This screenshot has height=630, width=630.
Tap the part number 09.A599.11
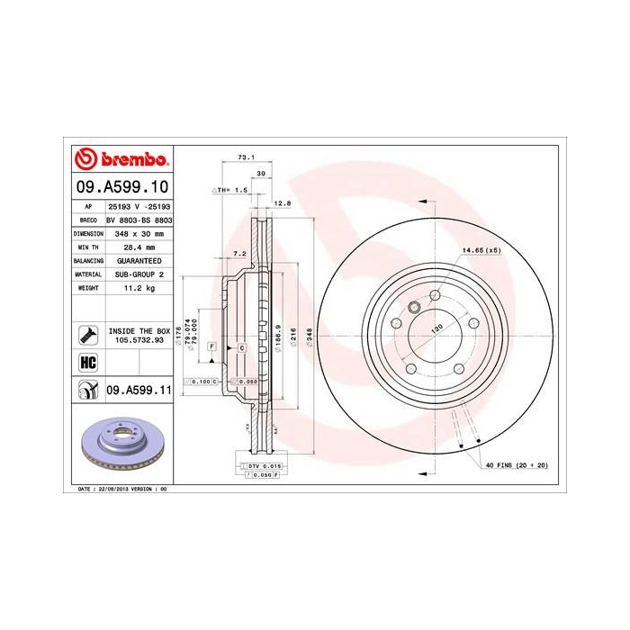[139, 390]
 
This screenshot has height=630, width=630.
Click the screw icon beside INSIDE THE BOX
[88, 336]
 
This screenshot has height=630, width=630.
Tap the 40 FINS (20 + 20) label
[517, 464]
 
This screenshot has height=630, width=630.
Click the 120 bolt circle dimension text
[437, 329]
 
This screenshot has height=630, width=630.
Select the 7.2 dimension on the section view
[239, 255]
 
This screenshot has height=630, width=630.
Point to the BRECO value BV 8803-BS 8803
[139, 220]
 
